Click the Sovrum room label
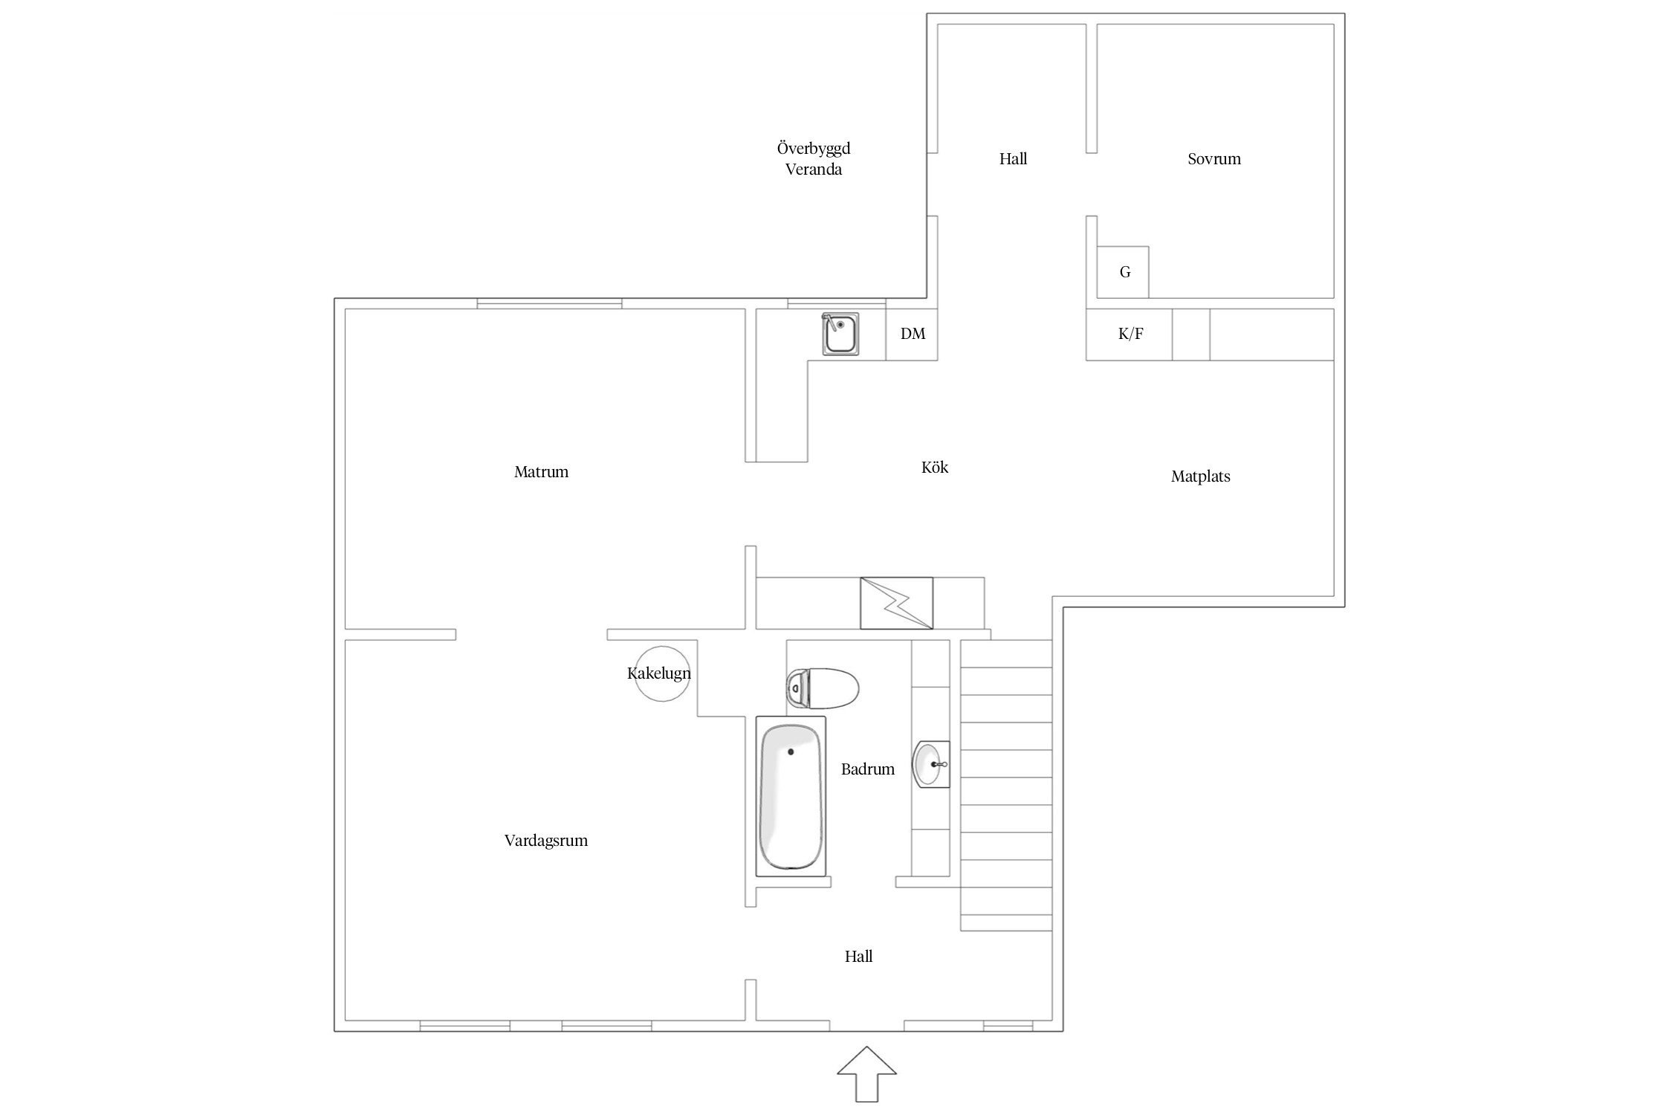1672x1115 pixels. tap(1214, 158)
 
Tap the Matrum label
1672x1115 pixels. tap(541, 471)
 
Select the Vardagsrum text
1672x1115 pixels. tap(546, 841)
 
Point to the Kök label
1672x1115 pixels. tap(935, 467)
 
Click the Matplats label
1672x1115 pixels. tap(1200, 476)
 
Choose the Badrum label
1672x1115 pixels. tap(868, 769)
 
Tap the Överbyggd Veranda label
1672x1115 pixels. tap(814, 158)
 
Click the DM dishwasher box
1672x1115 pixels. tap(913, 334)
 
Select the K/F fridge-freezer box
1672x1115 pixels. tap(1130, 334)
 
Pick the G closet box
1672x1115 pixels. tap(1123, 272)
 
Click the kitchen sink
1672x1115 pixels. tap(840, 333)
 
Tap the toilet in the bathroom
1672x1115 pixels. tap(822, 688)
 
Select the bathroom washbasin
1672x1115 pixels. tap(932, 763)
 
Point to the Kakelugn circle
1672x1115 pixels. tap(662, 673)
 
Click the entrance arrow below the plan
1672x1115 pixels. tap(866, 1074)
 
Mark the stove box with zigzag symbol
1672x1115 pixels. tap(896, 603)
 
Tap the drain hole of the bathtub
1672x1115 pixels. tap(791, 752)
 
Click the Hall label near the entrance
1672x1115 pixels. tap(858, 957)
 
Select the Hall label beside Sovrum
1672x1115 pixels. tap(1013, 158)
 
